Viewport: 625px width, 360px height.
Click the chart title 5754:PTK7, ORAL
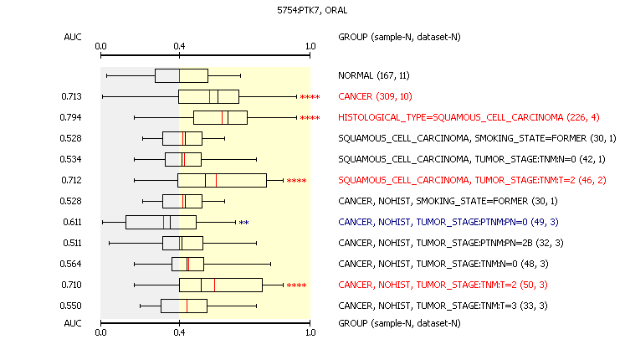(x=312, y=10)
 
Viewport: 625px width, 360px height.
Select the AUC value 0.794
(x=70, y=117)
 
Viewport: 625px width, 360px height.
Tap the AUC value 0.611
(x=72, y=222)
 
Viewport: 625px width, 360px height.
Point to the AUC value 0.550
(x=70, y=306)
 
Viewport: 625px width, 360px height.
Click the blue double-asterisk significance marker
(x=244, y=223)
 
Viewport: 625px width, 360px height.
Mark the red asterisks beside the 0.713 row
(x=310, y=97)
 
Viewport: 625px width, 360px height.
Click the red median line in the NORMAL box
(x=179, y=75)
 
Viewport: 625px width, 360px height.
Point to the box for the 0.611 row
(x=161, y=223)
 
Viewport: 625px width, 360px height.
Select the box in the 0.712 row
(x=222, y=181)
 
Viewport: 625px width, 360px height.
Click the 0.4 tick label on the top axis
(x=179, y=47)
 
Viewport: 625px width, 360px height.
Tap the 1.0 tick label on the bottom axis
(x=310, y=332)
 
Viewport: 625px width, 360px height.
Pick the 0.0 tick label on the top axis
(x=101, y=47)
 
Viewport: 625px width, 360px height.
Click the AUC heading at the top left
(x=73, y=37)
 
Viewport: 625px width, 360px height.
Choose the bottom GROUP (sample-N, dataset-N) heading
(x=399, y=323)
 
